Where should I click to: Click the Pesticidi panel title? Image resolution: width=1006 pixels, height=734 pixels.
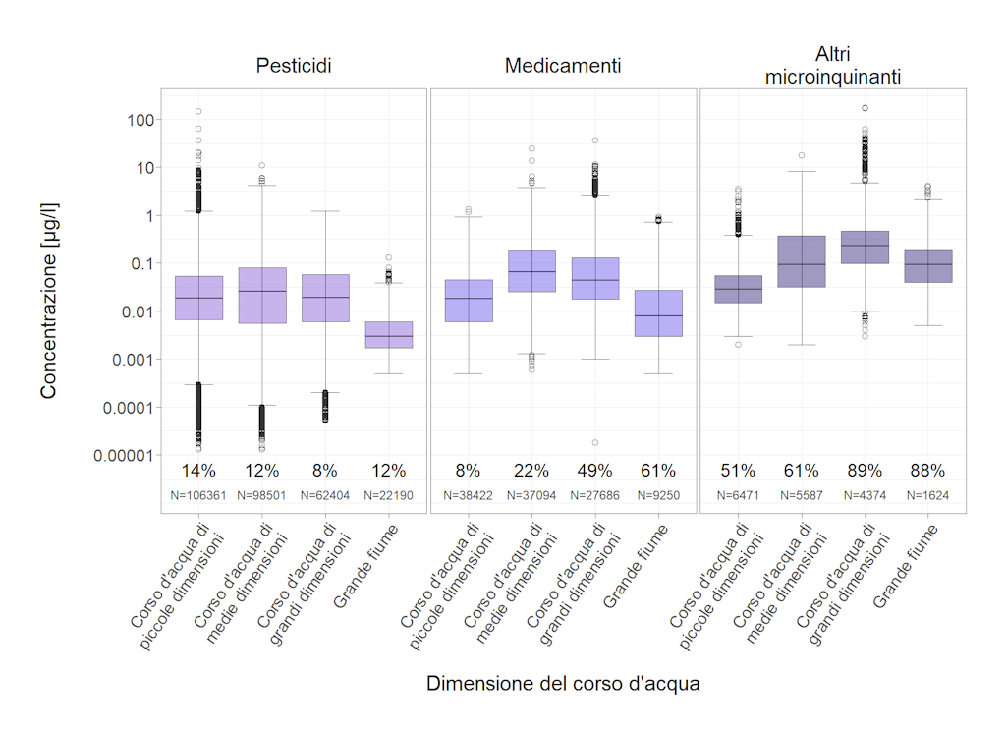294,66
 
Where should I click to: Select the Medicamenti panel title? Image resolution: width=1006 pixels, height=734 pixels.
563,66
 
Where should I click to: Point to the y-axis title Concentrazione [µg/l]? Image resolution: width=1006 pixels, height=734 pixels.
49,300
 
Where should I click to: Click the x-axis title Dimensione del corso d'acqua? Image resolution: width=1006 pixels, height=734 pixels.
563,684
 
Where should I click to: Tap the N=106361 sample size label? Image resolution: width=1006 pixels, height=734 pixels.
198,495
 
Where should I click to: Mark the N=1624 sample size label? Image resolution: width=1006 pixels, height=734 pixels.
927,495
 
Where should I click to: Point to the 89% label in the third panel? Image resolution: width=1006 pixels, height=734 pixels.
865,471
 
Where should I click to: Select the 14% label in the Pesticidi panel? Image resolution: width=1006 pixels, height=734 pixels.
198,471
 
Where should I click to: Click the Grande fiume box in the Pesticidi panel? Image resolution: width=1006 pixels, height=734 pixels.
388,335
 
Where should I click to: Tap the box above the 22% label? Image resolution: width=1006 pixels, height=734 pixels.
531,270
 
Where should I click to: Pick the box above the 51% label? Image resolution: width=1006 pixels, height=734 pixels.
738,289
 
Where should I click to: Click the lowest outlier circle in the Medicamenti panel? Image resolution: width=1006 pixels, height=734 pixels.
595,442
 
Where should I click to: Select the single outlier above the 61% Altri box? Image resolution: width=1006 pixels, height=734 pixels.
802,155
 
